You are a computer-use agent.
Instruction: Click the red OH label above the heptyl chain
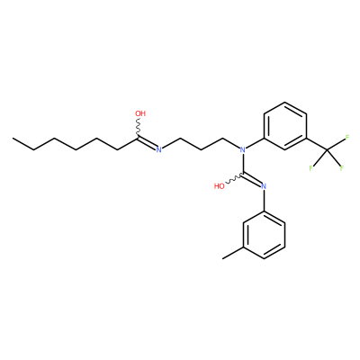coord(140,113)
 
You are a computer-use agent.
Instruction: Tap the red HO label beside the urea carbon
coord(220,186)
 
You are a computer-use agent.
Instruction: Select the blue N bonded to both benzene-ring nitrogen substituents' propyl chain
coord(243,149)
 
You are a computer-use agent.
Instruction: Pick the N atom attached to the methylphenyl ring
coord(264,186)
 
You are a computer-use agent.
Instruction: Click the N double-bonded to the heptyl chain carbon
coord(159,149)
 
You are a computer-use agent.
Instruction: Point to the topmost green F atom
coord(347,138)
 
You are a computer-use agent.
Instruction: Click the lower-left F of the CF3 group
coord(311,168)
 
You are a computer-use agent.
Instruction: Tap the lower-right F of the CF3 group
coord(341,168)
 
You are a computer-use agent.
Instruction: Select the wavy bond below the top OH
coord(139,128)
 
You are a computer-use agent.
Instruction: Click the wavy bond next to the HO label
coord(234,178)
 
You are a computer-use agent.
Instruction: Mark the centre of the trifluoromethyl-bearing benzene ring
coord(284,126)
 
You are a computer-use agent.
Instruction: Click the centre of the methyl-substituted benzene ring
coord(264,235)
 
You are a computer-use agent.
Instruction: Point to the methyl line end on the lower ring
coord(222,258)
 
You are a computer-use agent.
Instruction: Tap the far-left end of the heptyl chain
coord(13,139)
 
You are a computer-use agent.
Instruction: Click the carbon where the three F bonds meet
coord(327,149)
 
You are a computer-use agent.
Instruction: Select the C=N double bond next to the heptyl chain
coord(147,143)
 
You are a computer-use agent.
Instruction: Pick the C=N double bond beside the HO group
coord(252,179)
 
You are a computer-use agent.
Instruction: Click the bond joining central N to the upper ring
coord(255,143)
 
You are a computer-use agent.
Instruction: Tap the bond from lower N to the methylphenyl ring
coord(264,201)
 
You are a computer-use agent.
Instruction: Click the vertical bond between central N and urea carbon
coord(243,163)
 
